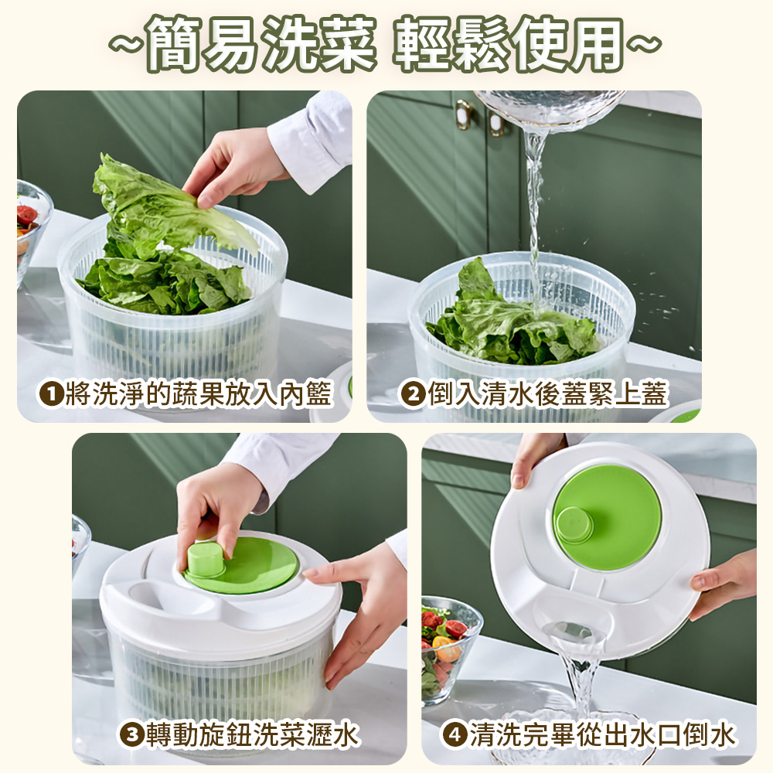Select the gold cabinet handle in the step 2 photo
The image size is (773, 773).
click(464, 114)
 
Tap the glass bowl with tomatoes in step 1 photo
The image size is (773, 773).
click(31, 224)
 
